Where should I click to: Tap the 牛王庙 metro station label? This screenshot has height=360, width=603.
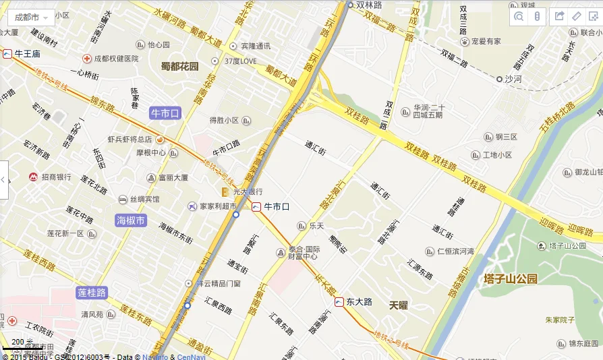(27, 53)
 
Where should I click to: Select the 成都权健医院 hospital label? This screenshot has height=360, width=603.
(115, 59)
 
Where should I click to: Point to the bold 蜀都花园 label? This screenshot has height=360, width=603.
(180, 66)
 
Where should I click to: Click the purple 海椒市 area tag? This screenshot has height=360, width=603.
(131, 220)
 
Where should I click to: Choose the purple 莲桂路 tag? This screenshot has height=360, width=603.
(92, 293)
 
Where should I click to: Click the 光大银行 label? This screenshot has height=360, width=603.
(246, 192)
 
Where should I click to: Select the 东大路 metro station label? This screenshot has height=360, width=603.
(358, 301)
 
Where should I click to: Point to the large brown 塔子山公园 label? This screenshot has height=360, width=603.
(511, 278)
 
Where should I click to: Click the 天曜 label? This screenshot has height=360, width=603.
(399, 305)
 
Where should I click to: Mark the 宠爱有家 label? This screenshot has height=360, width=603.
(486, 42)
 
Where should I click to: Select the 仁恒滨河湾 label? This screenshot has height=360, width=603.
(455, 251)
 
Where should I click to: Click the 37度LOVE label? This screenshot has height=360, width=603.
(240, 61)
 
